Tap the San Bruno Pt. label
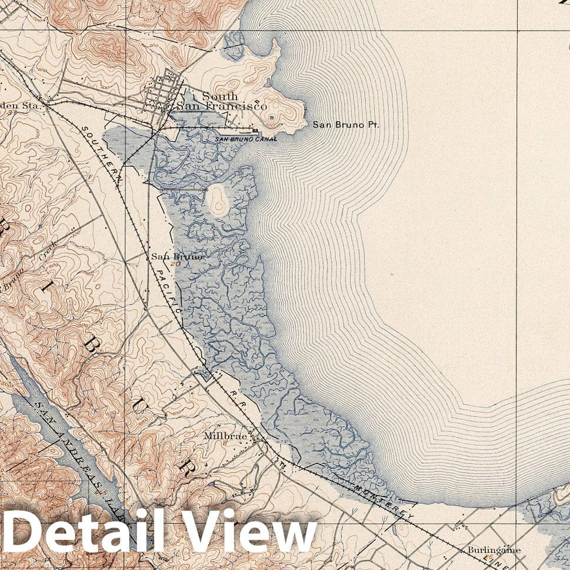pos(346,125)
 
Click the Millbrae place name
pos(222,436)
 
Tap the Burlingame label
pos(494,551)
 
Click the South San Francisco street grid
pos(165,94)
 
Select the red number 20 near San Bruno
pos(175,265)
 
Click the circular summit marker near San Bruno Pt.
pos(271,118)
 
